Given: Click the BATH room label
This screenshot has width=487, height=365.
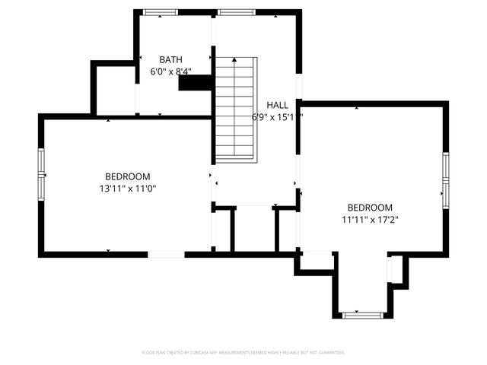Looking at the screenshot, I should point(170,59).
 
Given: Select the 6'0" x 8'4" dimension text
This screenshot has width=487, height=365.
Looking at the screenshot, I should point(170,71).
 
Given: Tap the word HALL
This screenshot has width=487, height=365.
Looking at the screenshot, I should point(277,105).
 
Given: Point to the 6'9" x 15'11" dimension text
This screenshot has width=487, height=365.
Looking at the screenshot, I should point(277,117).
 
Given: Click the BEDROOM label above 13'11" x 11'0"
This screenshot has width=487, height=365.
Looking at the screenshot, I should point(127,176).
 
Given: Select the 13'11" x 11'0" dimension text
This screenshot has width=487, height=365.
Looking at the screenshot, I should point(127,188).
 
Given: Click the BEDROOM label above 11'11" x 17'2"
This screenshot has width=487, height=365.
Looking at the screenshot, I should point(370,208).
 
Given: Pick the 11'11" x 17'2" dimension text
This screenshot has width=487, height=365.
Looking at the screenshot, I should point(370,220).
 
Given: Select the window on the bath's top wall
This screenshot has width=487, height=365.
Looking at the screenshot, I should point(161,12).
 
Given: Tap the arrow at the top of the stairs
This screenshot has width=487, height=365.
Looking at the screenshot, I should point(235,61).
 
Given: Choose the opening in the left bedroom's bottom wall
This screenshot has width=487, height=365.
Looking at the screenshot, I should point(166,253).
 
